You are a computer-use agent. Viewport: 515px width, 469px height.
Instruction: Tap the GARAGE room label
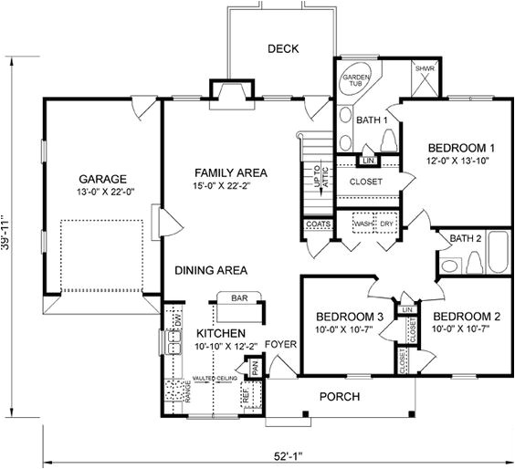point(101,178)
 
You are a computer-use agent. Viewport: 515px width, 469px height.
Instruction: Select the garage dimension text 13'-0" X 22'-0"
point(101,192)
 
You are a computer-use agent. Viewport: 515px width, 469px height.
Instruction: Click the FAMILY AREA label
point(230,172)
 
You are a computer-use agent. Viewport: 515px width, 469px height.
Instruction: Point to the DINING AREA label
point(211,270)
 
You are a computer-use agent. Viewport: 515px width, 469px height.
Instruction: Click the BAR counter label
point(240,298)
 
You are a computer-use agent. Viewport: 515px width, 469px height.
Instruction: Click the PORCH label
point(338,397)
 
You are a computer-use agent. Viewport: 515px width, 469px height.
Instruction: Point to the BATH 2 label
point(466,239)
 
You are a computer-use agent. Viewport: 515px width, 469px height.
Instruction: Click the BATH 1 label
point(373,120)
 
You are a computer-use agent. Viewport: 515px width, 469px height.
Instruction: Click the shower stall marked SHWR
point(423,80)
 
